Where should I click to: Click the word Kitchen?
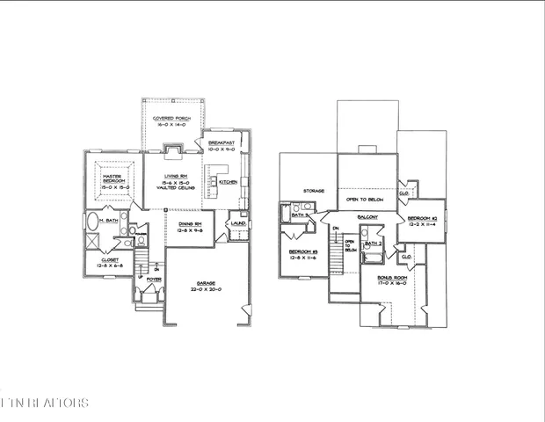[x=228, y=182]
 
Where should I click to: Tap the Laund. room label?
[x=236, y=223]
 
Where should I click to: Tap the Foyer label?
[x=154, y=280]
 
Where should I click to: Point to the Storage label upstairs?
[x=315, y=189]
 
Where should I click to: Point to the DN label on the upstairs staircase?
[x=335, y=231]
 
